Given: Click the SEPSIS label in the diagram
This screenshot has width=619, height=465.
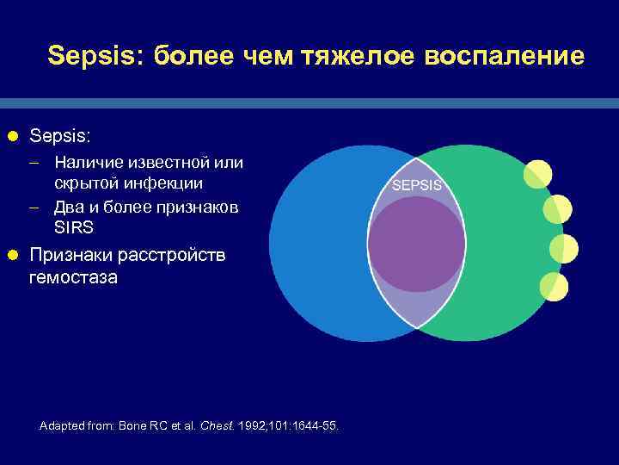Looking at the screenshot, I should pos(417,185).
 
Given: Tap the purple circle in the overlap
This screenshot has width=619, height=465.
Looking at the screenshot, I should pos(417,244).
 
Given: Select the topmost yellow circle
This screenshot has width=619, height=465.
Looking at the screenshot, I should pos(538,174).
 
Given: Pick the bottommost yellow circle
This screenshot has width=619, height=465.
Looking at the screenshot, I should pos(554,287).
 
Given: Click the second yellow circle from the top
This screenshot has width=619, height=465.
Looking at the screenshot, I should pos(558,209).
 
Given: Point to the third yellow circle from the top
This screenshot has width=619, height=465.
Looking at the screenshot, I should pos(564,248).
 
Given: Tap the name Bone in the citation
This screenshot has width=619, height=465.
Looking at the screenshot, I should pos(134,426).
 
